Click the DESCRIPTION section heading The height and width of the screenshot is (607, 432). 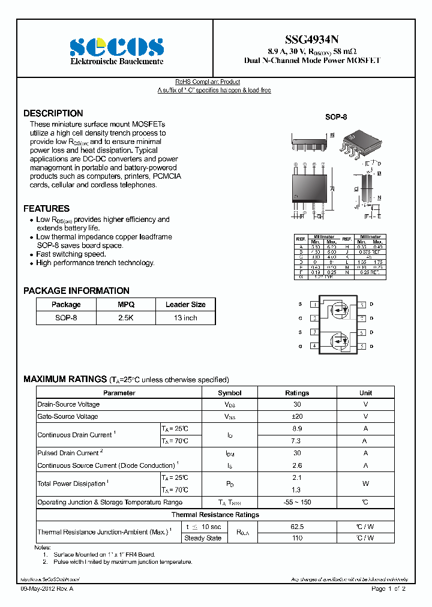[x=53, y=113]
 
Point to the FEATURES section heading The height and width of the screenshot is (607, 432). [x=47, y=209]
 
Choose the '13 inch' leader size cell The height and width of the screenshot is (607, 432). [x=185, y=318]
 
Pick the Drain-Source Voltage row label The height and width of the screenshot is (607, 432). [x=68, y=405]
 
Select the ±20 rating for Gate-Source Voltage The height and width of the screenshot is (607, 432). [x=297, y=416]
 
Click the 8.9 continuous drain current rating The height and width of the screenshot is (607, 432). [x=297, y=429]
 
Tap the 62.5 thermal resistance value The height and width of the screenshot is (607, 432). [x=297, y=527]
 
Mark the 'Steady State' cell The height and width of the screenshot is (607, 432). [x=203, y=538]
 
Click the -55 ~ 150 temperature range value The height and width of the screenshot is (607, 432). [x=297, y=502]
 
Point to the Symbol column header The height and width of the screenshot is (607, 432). [x=230, y=393]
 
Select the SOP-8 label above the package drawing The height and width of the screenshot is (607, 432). [x=336, y=118]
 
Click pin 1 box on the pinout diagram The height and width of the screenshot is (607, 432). [x=314, y=305]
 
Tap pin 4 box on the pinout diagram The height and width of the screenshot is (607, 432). [x=314, y=346]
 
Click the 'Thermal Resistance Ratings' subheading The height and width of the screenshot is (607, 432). [x=215, y=515]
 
